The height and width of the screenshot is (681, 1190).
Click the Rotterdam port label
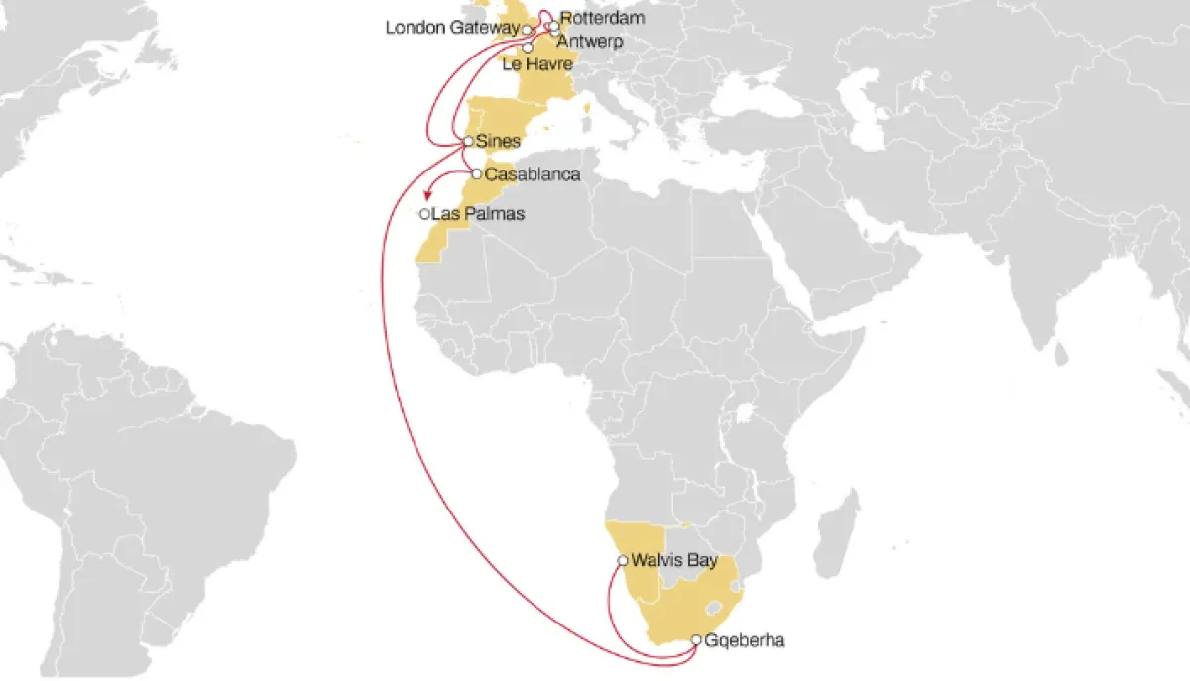coord(602,18)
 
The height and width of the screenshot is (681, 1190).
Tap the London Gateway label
coord(451,29)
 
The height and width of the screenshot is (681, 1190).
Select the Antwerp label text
coord(590,42)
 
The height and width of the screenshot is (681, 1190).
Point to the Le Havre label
coord(538,64)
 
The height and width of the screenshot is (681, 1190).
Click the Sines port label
coord(499,142)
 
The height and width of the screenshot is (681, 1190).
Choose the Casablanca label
coord(533,174)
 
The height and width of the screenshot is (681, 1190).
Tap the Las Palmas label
coord(478,214)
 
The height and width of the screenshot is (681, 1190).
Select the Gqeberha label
coord(745,641)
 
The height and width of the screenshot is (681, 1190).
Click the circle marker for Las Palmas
coord(424,214)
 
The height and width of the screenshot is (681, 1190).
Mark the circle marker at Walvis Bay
coord(622,561)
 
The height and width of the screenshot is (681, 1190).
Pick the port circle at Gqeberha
coord(696,640)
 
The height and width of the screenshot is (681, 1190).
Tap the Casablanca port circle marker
coord(477,174)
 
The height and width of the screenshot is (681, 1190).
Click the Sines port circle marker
coord(468,142)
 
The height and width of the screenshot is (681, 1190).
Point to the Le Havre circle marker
coord(528,48)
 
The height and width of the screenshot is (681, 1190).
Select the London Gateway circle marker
coord(527,30)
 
